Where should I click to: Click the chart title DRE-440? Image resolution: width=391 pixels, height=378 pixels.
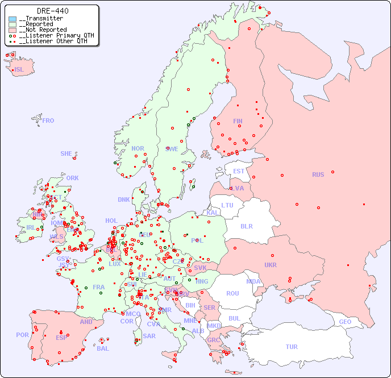(53, 11)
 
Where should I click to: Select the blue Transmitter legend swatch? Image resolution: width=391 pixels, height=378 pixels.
(13, 19)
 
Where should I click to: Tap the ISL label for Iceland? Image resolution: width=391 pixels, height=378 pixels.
(19, 70)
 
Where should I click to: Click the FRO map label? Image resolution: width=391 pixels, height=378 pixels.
(48, 121)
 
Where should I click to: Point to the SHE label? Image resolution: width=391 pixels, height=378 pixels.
(66, 153)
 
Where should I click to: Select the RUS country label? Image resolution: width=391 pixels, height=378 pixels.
(318, 175)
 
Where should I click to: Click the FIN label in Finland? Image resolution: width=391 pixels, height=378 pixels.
(238, 121)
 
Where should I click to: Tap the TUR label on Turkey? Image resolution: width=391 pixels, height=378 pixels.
(292, 347)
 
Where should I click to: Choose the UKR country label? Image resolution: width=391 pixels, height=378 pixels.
(271, 265)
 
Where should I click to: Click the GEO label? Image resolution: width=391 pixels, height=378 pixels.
(345, 322)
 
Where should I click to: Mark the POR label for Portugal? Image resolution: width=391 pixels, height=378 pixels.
(22, 335)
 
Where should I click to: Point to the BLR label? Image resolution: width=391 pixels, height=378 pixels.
(247, 226)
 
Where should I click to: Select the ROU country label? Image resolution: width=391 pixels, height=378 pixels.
(232, 293)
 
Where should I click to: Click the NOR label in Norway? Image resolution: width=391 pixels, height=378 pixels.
(138, 148)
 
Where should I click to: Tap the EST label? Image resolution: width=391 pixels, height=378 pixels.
(239, 171)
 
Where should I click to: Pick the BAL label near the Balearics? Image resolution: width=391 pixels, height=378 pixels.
(103, 348)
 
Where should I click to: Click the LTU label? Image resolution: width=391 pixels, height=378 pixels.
(227, 205)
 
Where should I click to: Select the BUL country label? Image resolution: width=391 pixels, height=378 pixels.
(234, 318)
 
